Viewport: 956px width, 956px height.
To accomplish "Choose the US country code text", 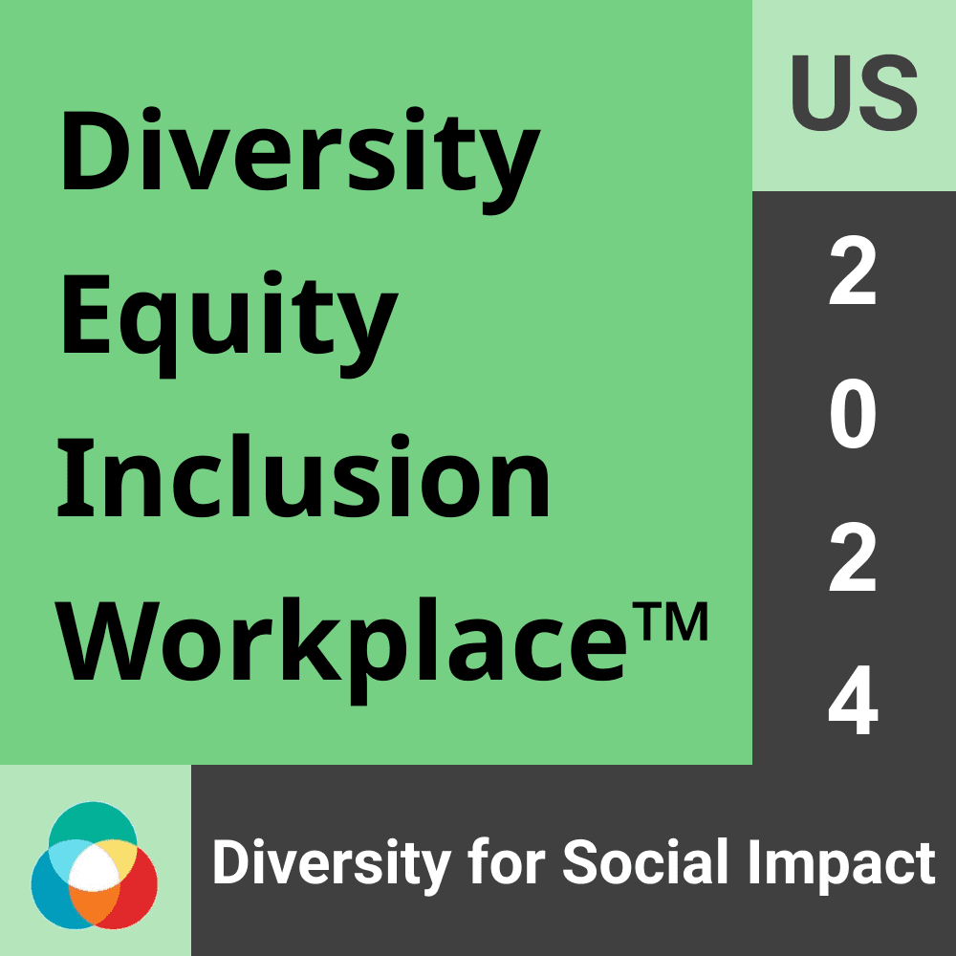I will [854, 96].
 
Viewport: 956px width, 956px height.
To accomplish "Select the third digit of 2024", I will [853, 560].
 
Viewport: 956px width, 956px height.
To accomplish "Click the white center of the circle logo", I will [94, 870].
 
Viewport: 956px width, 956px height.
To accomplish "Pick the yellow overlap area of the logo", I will [119, 852].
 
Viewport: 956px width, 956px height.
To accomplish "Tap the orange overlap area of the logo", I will [93, 903].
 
